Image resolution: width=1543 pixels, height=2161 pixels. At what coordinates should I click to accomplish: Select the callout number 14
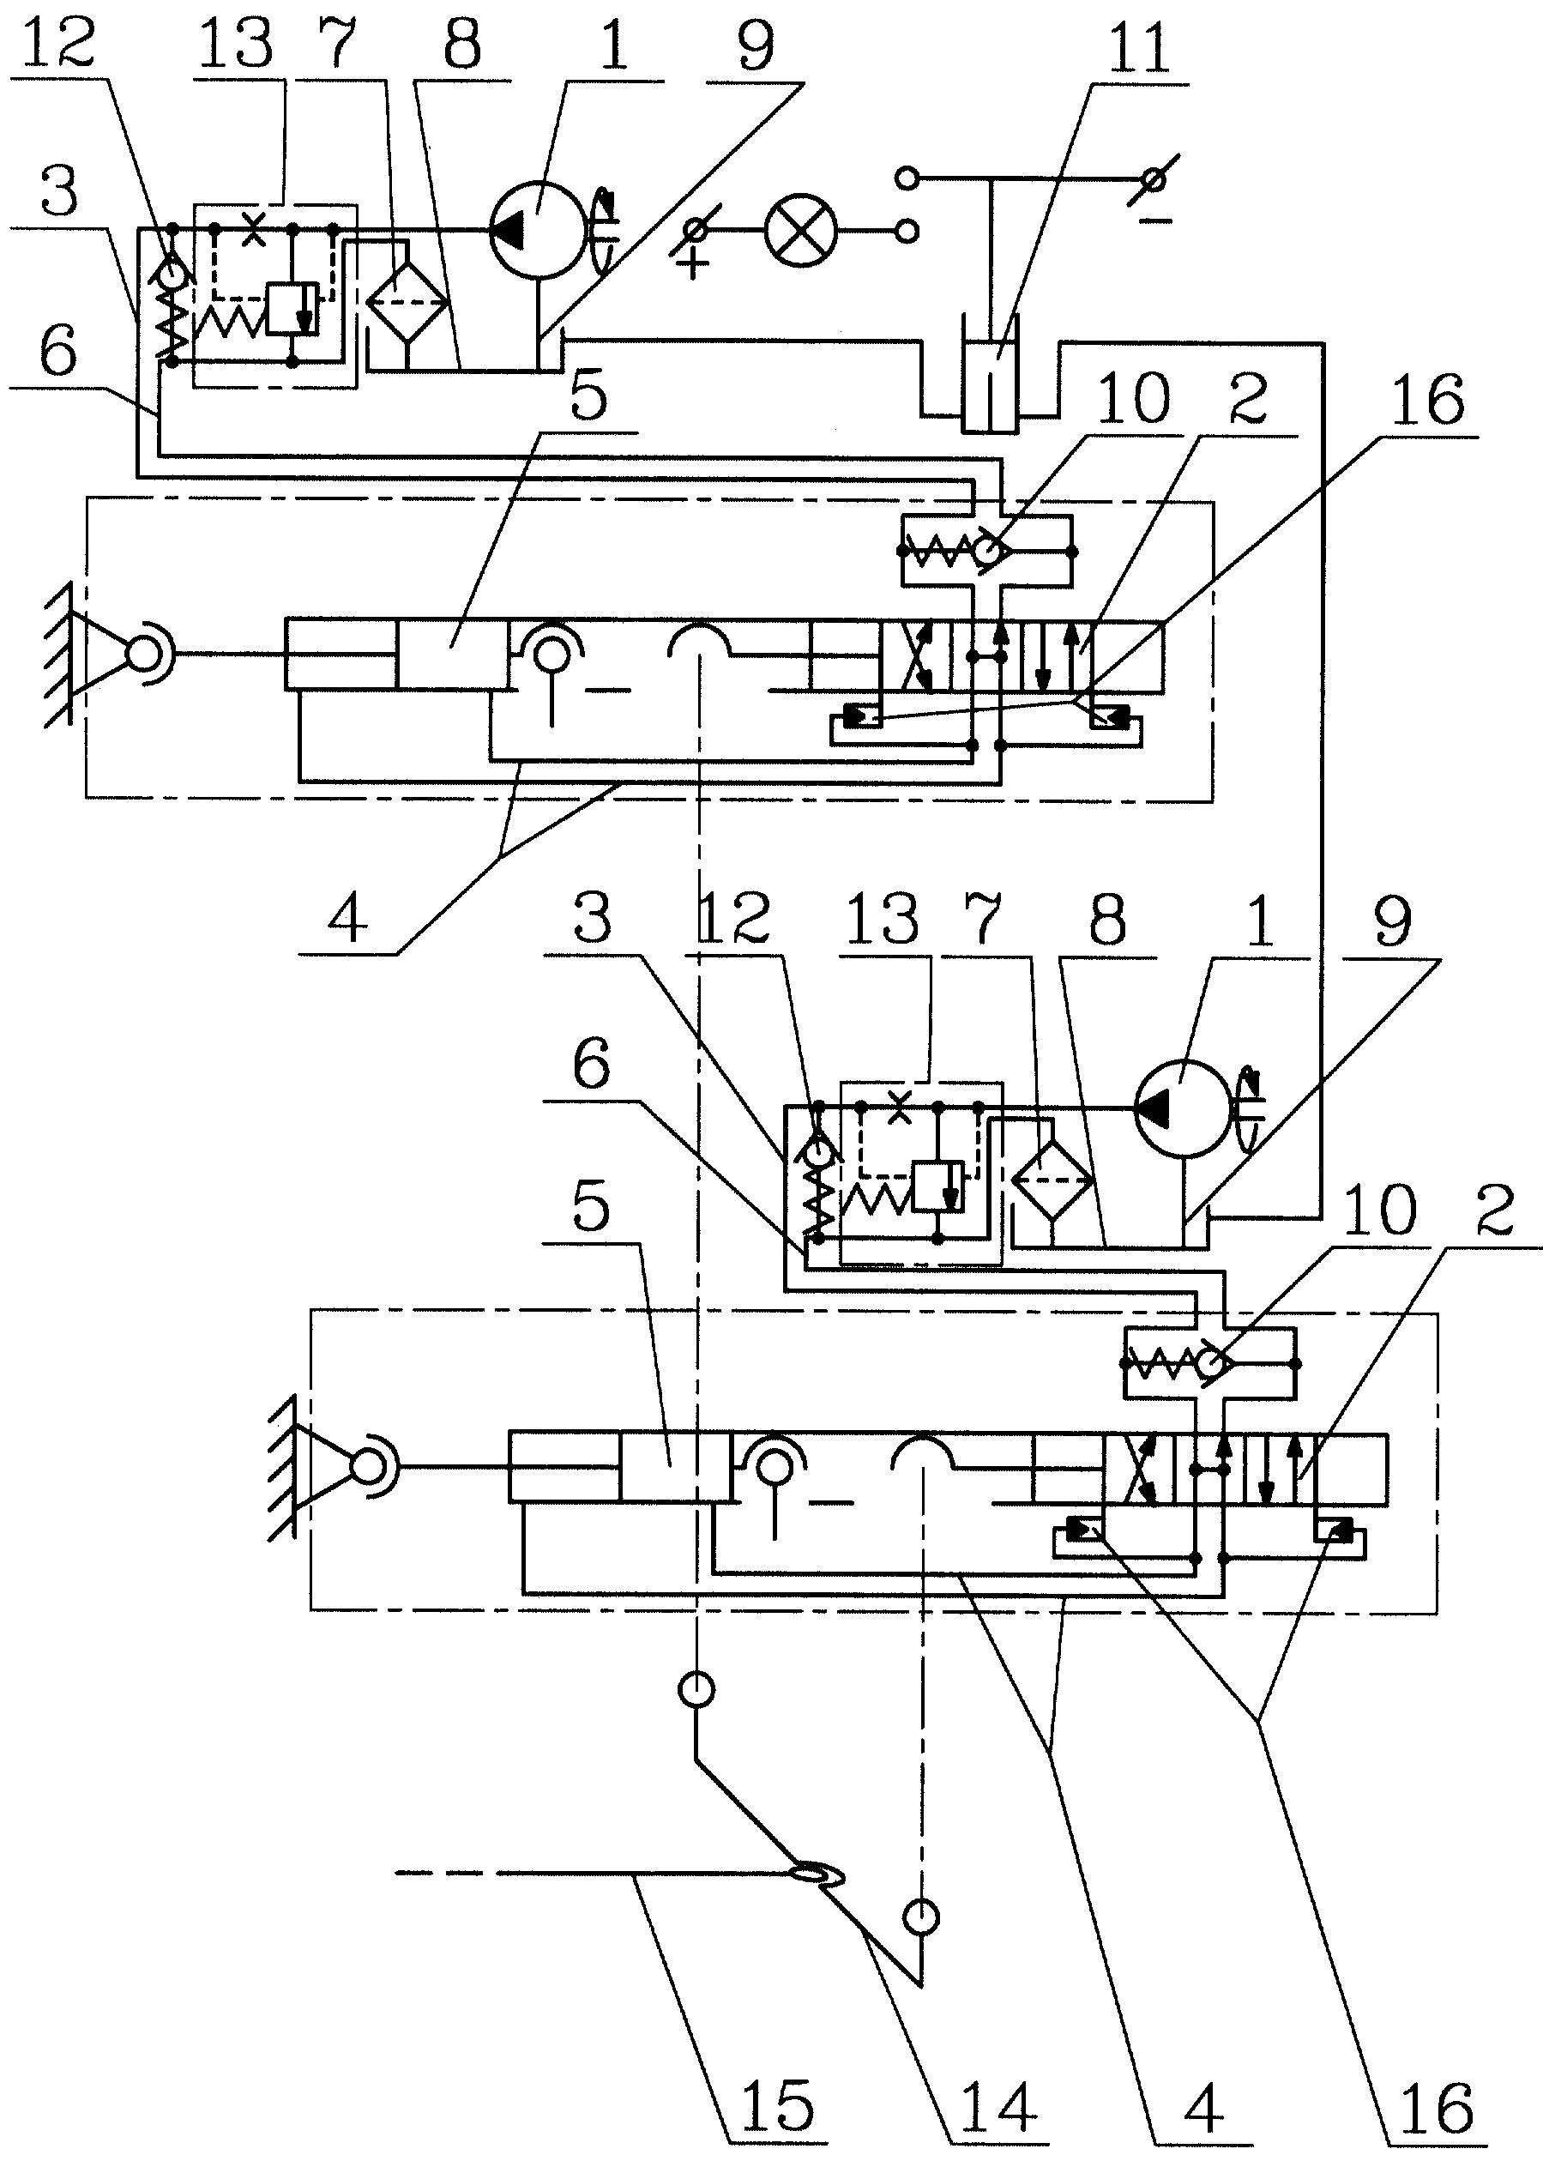pos(998,2106)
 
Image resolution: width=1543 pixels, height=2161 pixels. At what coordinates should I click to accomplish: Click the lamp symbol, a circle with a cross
pos(801,230)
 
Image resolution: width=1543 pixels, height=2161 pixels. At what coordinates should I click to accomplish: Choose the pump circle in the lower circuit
pos(1183,1108)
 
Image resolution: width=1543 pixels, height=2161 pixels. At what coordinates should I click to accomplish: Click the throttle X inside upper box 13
pos(254,229)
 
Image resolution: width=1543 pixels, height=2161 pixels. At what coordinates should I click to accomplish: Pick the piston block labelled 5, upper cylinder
pos(452,654)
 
